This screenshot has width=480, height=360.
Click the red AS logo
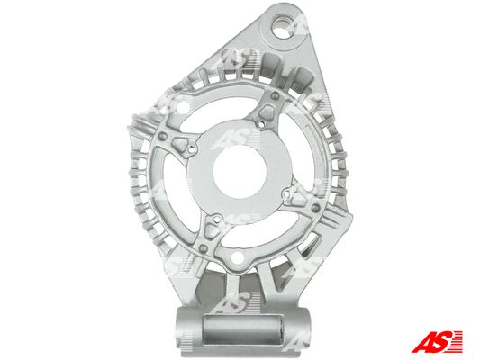coord(437,341)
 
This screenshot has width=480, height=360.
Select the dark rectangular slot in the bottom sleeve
coord(242,329)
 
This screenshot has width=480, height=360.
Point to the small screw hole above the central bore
coord(261,124)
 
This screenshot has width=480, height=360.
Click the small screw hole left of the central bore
coord(192,149)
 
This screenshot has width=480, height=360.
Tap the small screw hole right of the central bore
coord(286,193)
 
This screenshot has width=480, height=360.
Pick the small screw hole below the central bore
coord(216,219)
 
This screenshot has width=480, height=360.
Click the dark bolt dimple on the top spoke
coord(275,96)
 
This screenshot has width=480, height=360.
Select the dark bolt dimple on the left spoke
coord(163,137)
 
